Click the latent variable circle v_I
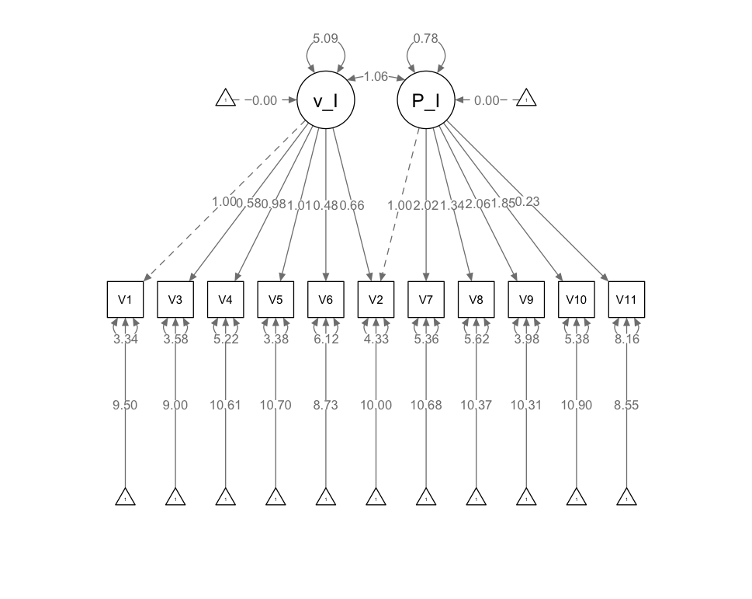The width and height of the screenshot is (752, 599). [x=326, y=100]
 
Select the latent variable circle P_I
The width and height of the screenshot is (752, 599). [x=426, y=100]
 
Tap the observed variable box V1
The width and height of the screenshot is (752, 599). [x=125, y=299]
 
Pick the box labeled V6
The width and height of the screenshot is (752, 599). [x=326, y=299]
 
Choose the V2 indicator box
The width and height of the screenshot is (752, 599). [x=376, y=299]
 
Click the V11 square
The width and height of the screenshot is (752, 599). [x=626, y=299]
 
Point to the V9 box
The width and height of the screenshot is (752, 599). [x=526, y=299]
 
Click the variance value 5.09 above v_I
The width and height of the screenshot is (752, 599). [x=326, y=38]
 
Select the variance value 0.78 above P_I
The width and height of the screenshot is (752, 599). [x=426, y=38]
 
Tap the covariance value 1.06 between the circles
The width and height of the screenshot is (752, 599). [x=376, y=76]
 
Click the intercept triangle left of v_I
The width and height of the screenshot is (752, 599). [x=225, y=99]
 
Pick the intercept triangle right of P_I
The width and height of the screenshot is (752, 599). [x=526, y=99]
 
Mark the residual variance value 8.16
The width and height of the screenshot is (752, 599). [x=626, y=340]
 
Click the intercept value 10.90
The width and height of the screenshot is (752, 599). [x=576, y=405]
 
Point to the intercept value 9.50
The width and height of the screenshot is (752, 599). [x=125, y=405]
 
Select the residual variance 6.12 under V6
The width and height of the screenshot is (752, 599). [x=326, y=340]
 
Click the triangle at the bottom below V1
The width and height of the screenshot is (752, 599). [x=125, y=497]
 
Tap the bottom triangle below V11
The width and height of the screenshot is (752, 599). [x=626, y=497]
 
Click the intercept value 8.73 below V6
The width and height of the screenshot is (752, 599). [x=326, y=405]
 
